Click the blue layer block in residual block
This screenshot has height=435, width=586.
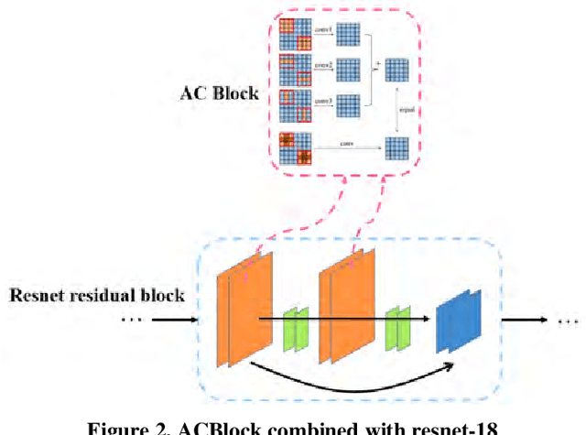click(x=455, y=320)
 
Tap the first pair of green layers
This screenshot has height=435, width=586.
click(x=295, y=324)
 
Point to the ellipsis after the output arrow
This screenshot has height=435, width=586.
click(x=569, y=321)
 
